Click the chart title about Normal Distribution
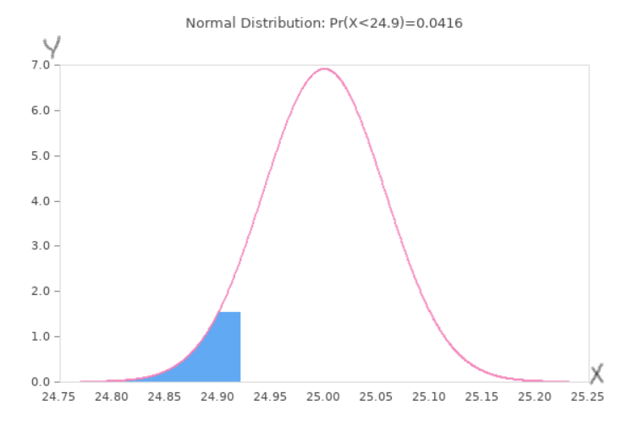pos(323,23)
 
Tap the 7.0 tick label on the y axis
pos(40,65)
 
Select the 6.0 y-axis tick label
pos(40,111)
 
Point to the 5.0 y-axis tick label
pos(40,156)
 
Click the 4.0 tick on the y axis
pos(40,201)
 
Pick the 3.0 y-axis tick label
pos(40,246)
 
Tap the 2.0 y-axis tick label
pos(40,292)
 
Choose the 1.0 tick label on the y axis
pos(40,336)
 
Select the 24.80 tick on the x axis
pos(112,396)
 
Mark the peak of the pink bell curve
pos(324,69)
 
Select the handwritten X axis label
pos(597,373)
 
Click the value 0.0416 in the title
pos(443,23)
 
